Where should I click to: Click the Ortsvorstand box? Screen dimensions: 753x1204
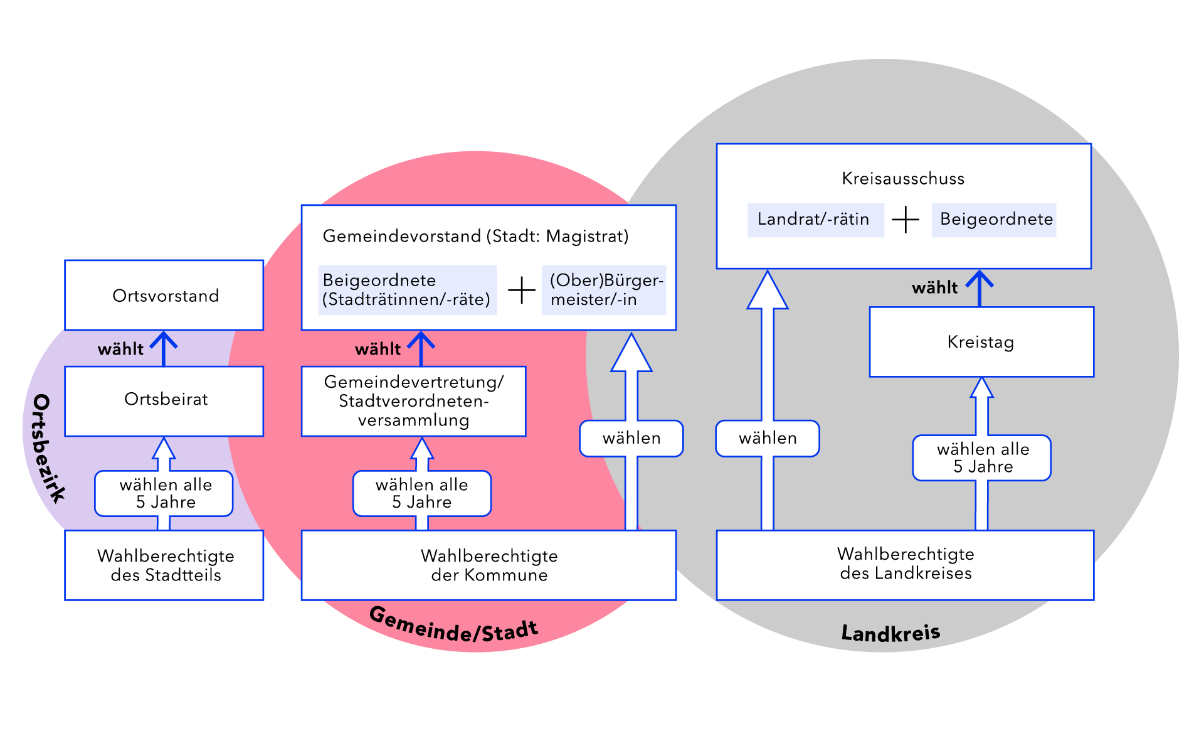pyautogui.click(x=164, y=296)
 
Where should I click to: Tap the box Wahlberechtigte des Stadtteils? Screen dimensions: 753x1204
pyautogui.click(x=164, y=565)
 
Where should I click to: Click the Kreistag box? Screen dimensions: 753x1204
pyautogui.click(x=981, y=342)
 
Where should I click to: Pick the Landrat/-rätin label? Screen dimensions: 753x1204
pyautogui.click(x=815, y=220)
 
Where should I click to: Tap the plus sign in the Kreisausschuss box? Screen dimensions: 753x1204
pyautogui.click(x=906, y=220)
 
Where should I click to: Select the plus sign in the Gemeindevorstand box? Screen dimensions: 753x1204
pyautogui.click(x=521, y=291)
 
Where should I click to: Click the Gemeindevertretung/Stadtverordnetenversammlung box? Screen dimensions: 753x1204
pyautogui.click(x=414, y=401)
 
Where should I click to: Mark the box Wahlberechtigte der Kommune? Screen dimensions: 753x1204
pyautogui.click(x=488, y=565)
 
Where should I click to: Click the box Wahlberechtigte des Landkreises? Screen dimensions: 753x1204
pyautogui.click(x=905, y=564)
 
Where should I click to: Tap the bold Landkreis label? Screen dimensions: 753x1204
pyautogui.click(x=890, y=633)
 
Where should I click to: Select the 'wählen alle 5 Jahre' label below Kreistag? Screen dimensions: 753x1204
pyautogui.click(x=982, y=458)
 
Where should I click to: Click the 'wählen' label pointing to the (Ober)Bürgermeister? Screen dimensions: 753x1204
pyautogui.click(x=631, y=438)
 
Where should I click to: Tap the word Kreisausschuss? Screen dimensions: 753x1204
pyautogui.click(x=903, y=179)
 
